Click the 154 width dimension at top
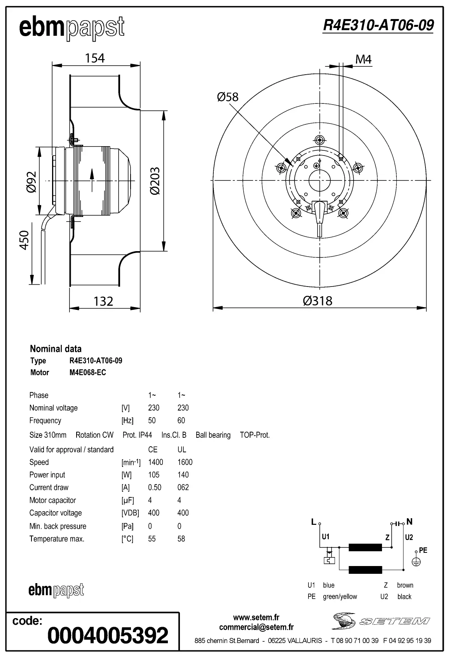(95, 58)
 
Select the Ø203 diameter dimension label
(155, 181)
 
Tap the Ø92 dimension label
(31, 182)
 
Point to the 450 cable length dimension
(24, 240)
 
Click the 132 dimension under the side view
(103, 301)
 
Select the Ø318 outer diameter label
(317, 301)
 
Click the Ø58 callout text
(228, 97)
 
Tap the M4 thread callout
(363, 59)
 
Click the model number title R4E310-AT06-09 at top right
(378, 25)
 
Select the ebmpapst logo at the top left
(72, 28)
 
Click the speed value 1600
(185, 462)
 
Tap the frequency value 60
(181, 421)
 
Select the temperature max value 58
(181, 539)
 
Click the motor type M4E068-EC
(88, 372)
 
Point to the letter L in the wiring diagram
(314, 522)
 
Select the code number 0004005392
(108, 635)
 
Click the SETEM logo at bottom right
(380, 620)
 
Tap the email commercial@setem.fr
(256, 627)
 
